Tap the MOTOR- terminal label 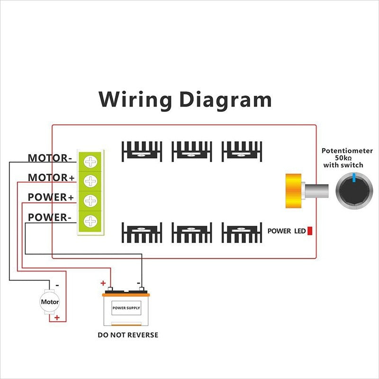pyautogui.click(x=49, y=158)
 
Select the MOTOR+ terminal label pyautogui.click(x=51, y=178)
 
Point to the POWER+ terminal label pyautogui.click(x=51, y=198)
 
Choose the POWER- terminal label pyautogui.click(x=49, y=217)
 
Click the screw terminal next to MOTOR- pyautogui.click(x=90, y=162)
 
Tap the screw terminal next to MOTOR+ pyautogui.click(x=90, y=181)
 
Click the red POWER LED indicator pyautogui.click(x=310, y=231)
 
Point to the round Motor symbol pyautogui.click(x=50, y=302)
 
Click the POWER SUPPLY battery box pyautogui.click(x=126, y=308)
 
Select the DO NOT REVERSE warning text pyautogui.click(x=128, y=335)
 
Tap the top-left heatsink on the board pyautogui.click(x=142, y=151)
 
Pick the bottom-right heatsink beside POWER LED pyautogui.click(x=241, y=233)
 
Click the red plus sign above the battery pyautogui.click(x=103, y=283)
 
